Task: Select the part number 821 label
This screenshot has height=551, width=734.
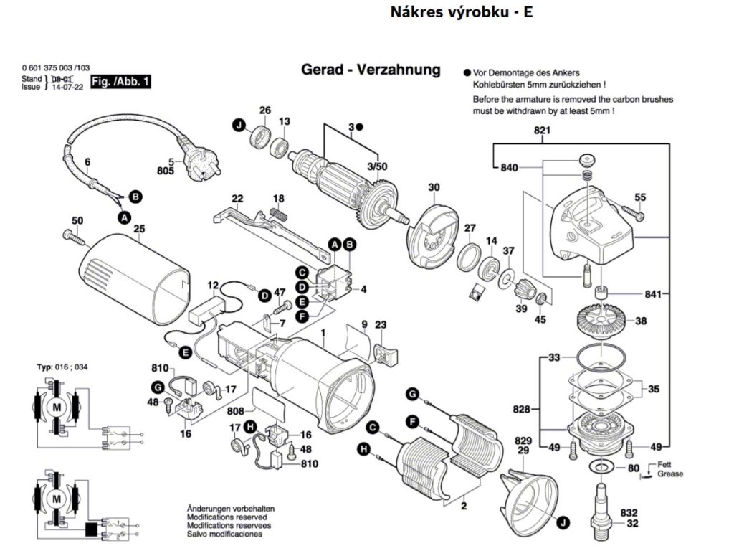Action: (x=541, y=131)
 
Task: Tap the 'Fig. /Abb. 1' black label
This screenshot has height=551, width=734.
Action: (x=121, y=83)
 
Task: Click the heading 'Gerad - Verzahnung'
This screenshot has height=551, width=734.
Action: (x=371, y=70)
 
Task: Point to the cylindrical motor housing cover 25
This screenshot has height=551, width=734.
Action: (x=133, y=276)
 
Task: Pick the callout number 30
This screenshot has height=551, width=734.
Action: (x=434, y=188)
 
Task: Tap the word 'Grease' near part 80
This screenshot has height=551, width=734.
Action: (x=671, y=474)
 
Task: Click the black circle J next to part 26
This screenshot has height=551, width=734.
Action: (x=238, y=126)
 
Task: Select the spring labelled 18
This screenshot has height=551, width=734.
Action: (x=278, y=213)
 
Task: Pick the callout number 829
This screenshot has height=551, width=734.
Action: (x=523, y=440)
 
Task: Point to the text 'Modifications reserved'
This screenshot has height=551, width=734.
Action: (x=227, y=517)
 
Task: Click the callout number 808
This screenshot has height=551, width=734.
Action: (x=235, y=412)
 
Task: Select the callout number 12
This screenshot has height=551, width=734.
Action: (x=213, y=286)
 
